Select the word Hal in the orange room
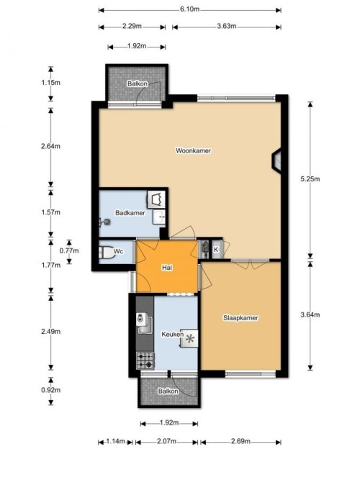[167, 268]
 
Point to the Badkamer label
[130, 213]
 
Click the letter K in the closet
[215, 250]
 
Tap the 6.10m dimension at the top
[189, 10]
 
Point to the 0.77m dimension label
[68, 251]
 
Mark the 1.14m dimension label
[114, 441]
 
